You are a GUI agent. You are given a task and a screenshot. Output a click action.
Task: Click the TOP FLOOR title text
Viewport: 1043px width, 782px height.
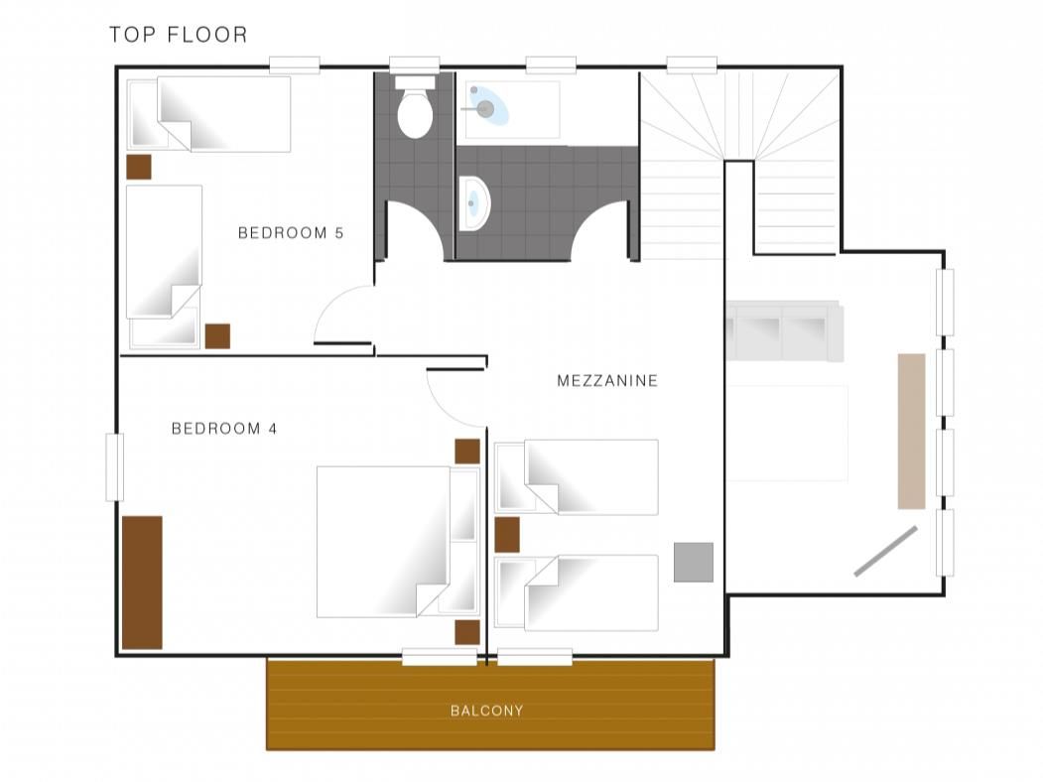click(179, 35)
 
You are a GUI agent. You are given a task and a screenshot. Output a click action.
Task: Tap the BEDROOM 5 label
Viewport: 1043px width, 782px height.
click(291, 233)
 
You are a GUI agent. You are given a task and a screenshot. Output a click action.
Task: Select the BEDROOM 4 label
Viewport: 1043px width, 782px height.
click(224, 429)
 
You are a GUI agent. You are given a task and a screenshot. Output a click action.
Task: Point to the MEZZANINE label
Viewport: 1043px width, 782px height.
click(607, 380)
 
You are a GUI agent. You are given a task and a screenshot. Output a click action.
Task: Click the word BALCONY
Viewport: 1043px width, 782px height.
click(487, 711)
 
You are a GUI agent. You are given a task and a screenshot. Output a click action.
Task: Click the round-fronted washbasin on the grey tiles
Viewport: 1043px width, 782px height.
click(474, 202)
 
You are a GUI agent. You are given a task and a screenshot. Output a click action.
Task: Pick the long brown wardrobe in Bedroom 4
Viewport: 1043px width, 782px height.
click(142, 583)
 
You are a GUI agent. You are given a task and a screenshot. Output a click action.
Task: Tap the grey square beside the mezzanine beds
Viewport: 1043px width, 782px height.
click(693, 563)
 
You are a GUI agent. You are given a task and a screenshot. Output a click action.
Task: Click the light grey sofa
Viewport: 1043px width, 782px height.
click(785, 330)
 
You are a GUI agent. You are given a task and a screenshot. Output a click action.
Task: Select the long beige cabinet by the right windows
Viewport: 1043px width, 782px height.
click(911, 431)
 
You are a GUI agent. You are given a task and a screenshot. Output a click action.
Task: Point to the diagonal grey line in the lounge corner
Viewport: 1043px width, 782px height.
click(885, 551)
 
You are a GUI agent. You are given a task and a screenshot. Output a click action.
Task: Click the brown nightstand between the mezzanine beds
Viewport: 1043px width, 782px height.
click(507, 535)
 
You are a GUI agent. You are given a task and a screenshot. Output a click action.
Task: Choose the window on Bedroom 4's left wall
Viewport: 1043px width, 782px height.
click(114, 466)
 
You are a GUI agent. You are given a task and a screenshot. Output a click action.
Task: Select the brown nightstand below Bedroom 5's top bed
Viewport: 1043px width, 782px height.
click(138, 167)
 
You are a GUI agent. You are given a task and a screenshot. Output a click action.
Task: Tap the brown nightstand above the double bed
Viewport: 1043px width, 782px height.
click(467, 452)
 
